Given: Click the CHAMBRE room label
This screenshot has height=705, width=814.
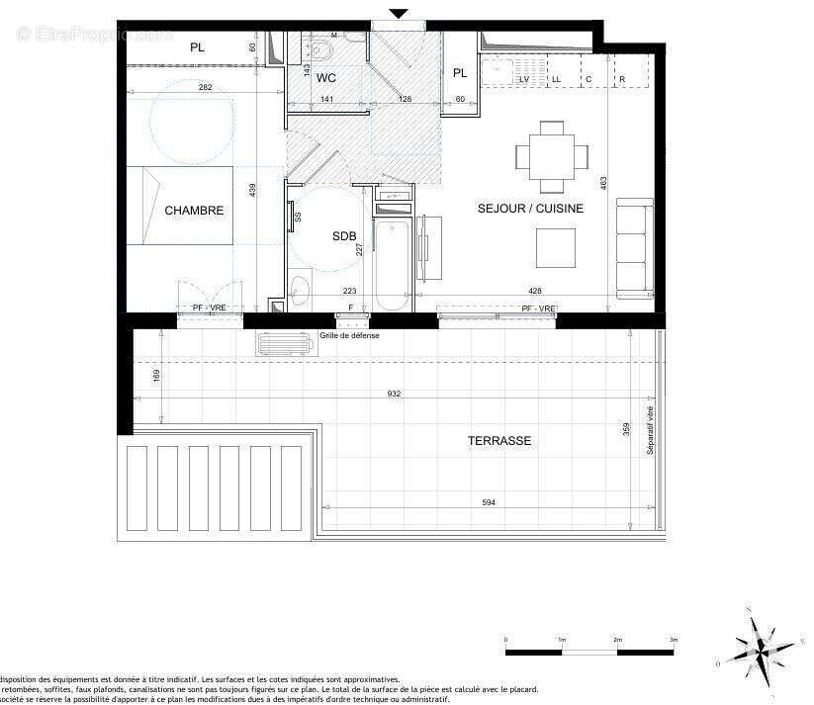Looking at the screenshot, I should [194, 211].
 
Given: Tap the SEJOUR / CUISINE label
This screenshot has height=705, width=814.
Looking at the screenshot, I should [530, 209].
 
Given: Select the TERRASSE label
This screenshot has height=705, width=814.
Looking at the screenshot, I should [499, 441].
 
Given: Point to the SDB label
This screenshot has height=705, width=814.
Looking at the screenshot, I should [344, 236].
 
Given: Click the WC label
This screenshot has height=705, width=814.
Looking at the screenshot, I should [326, 76].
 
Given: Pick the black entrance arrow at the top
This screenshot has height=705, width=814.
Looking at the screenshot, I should [398, 13].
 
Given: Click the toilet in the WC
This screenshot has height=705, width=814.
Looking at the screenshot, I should [324, 49].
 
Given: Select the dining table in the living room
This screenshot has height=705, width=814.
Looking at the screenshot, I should [552, 156].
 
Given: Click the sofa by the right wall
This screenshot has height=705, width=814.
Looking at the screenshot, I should [634, 247].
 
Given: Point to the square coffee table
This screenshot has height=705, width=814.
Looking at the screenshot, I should [556, 247].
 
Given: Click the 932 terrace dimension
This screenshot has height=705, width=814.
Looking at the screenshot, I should [394, 394].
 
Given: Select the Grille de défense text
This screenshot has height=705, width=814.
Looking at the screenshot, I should [349, 336].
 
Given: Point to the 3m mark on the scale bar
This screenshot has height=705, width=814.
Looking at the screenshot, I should [673, 641].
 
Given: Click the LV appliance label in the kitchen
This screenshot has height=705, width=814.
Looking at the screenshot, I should [524, 79].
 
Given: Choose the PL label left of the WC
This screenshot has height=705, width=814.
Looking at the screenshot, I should [197, 46].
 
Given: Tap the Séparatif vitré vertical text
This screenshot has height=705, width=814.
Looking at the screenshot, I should [650, 430].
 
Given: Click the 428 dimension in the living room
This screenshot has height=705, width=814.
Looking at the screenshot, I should [535, 291].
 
